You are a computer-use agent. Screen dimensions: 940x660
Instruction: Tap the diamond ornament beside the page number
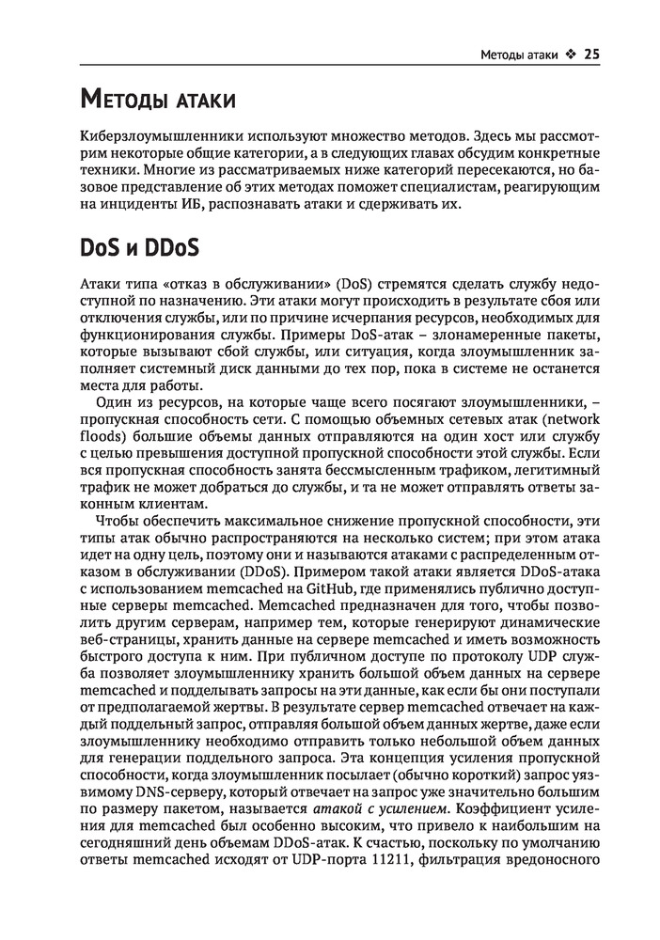tap(570, 55)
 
